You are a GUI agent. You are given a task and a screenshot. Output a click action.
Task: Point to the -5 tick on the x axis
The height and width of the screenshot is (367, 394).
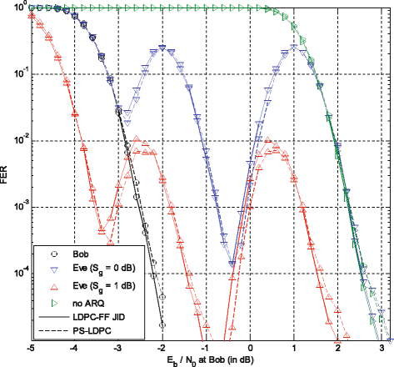(30, 347)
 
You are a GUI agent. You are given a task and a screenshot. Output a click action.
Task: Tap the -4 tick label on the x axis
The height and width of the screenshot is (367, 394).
(73, 347)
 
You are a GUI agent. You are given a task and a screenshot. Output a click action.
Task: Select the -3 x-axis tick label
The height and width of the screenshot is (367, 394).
(117, 347)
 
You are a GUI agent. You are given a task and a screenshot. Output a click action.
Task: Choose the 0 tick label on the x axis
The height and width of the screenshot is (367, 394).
(251, 347)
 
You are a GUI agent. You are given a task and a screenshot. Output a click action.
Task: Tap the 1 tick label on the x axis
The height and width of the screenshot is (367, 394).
(295, 347)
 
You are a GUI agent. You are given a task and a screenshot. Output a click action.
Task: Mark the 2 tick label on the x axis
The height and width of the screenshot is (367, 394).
(339, 347)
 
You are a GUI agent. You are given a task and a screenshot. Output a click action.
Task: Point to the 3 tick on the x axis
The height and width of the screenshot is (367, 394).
(382, 347)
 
